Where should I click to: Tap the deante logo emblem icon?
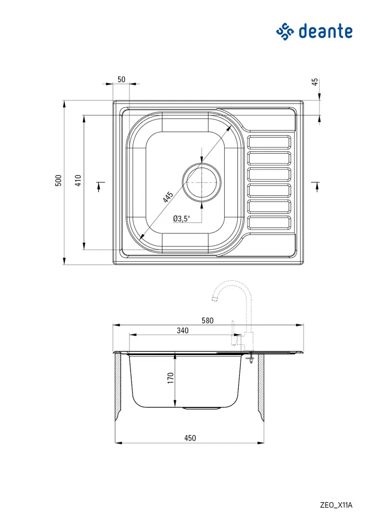pos(285,31)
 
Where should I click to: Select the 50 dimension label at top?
pos(121,79)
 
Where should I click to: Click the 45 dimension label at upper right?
pos(314,82)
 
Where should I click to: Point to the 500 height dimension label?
pos(59,180)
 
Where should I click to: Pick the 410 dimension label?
pos(78,180)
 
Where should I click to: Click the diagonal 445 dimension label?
pos(167,197)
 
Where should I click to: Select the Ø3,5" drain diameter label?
pos(182,218)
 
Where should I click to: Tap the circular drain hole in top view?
pos(201,183)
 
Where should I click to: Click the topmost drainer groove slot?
pos(269,142)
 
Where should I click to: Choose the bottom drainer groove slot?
pos(269,223)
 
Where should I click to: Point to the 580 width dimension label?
pos(207,320)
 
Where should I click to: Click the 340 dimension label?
pos(182,330)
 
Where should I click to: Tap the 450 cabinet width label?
pos(190,438)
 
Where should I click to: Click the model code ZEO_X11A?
pos(336,505)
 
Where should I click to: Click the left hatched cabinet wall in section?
pos(118,386)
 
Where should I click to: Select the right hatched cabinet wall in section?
pos(261,386)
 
